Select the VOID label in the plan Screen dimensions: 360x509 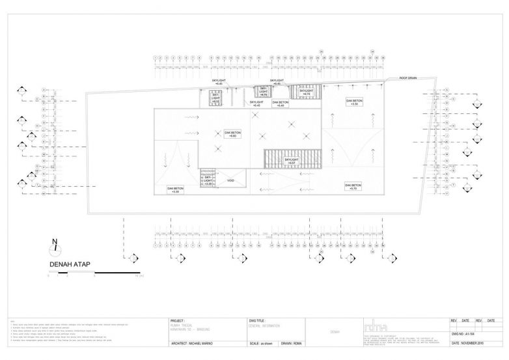pyautogui.click(x=230, y=180)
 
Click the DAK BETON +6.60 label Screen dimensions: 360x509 pyautogui.click(x=232, y=133)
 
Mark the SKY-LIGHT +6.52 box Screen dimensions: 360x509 pyautogui.click(x=215, y=99)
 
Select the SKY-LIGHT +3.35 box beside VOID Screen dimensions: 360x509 pyautogui.click(x=208, y=180)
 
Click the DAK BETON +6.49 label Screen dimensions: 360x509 pyautogui.click(x=281, y=104)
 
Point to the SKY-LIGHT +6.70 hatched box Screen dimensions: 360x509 pyautogui.click(x=264, y=92)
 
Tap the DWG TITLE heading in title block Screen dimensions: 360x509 pyautogui.click(x=258, y=321)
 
